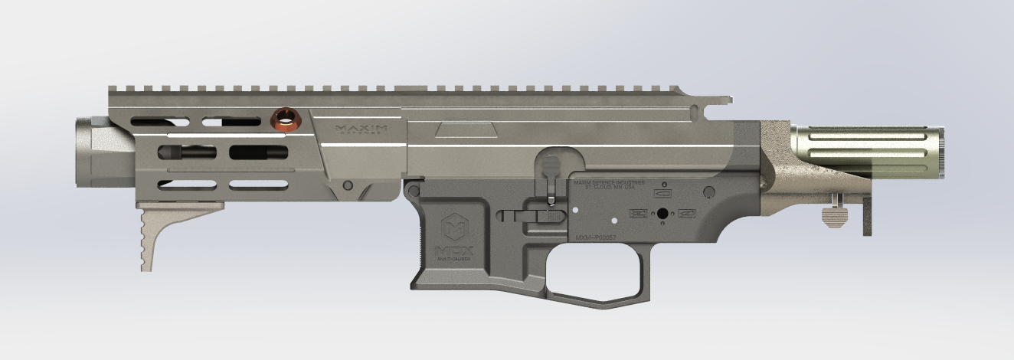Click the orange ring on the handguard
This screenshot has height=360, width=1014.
point(287,119)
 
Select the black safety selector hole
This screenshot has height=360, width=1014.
point(661,214)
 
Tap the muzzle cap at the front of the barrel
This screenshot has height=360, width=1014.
point(92,152)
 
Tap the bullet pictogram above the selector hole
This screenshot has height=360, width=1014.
point(661,195)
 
